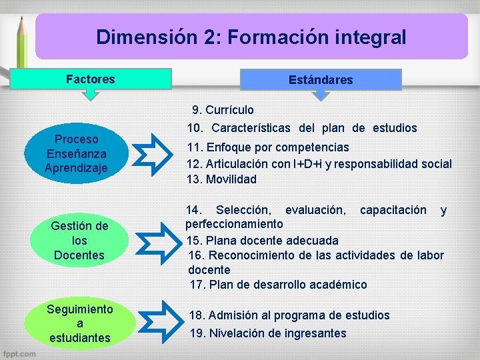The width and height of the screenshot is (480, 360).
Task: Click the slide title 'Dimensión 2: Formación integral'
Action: click(x=251, y=37)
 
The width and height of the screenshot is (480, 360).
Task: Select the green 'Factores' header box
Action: click(x=91, y=79)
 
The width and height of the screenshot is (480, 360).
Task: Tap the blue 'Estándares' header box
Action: click(x=321, y=80)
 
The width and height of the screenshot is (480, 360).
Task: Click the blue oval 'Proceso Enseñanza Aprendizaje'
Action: click(x=76, y=154)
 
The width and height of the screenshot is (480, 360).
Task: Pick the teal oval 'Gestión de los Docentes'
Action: click(x=79, y=241)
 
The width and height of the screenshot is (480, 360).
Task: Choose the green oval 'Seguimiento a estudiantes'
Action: click(x=79, y=323)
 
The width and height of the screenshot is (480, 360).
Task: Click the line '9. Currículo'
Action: click(x=223, y=110)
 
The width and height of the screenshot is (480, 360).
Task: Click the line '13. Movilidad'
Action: click(x=221, y=179)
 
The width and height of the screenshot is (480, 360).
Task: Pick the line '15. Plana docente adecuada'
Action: click(x=263, y=240)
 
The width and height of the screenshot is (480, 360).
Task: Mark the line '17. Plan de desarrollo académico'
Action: click(x=278, y=285)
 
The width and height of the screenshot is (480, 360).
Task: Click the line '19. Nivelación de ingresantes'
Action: click(x=268, y=333)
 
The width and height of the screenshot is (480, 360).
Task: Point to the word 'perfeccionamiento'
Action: click(x=234, y=224)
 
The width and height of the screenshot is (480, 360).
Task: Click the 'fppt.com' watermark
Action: click(x=19, y=354)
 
